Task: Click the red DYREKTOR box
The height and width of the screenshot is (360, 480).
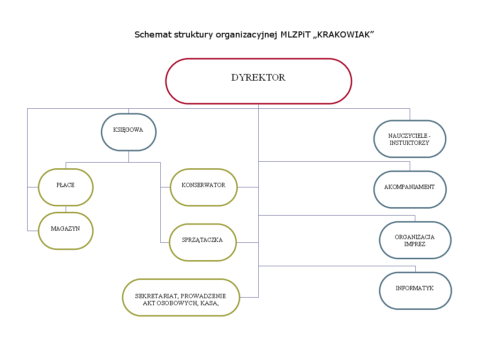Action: click(258, 81)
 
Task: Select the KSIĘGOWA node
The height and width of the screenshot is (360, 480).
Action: click(128, 132)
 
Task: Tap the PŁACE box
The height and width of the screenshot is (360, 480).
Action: click(66, 187)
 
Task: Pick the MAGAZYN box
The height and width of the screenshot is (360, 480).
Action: click(66, 230)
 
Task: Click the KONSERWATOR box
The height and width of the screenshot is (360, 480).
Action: click(203, 187)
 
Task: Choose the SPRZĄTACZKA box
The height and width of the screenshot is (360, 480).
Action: click(202, 242)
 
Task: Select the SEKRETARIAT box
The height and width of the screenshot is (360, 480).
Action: click(180, 297)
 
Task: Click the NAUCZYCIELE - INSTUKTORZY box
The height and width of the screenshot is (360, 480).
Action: click(410, 139)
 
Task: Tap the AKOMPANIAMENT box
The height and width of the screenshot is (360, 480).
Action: click(410, 189)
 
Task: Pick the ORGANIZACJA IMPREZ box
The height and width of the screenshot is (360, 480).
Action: click(415, 240)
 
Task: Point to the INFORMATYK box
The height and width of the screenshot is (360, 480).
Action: click(415, 290)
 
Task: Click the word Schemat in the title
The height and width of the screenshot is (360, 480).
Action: click(151, 35)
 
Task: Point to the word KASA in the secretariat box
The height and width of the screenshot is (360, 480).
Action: click(210, 303)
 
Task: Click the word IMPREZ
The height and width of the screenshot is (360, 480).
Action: click(415, 244)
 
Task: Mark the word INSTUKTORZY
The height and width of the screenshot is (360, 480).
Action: click(409, 142)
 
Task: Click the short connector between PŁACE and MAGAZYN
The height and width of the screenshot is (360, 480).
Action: click(66, 209)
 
